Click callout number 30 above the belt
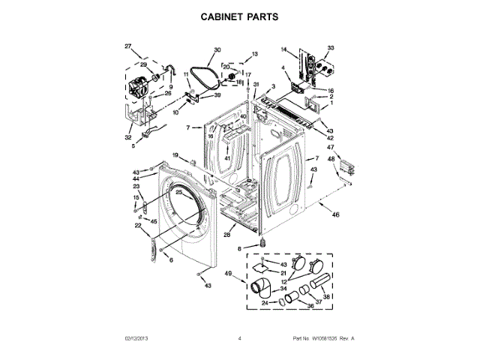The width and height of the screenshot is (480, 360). point(217,50)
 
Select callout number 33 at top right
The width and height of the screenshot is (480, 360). point(331,48)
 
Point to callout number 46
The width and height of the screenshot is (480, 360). point(335,215)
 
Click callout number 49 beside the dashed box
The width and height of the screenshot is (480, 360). point(227,275)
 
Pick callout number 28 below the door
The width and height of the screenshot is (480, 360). point(226,235)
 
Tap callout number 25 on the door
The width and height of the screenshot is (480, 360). point(178,193)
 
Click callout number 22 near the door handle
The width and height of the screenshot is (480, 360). point(138,225)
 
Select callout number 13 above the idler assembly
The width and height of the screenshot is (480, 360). point(254,54)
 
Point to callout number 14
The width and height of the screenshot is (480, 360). point(284,49)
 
